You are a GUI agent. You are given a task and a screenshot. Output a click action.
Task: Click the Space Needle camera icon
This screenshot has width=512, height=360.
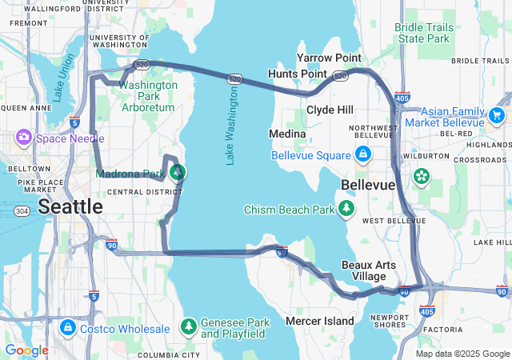(x=23, y=137)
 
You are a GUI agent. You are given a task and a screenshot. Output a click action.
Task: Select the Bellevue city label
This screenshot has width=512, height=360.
(x=368, y=185)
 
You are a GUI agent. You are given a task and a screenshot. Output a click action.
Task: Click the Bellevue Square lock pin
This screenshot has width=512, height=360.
(x=362, y=153)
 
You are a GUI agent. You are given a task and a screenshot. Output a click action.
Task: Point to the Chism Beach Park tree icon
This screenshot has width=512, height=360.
(x=346, y=210)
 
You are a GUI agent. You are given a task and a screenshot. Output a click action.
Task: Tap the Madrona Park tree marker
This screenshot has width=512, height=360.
(x=178, y=172)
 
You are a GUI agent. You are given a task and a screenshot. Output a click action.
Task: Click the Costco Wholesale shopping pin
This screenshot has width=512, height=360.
(x=68, y=328)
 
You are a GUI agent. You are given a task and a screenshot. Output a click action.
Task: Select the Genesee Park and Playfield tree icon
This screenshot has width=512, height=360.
(x=188, y=326)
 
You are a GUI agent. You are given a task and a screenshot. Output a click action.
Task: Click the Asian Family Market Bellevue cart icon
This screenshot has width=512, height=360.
(x=496, y=115)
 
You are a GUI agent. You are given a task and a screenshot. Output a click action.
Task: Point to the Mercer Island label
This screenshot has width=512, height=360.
(x=320, y=321)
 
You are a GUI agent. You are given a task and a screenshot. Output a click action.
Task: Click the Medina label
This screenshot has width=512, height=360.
(x=287, y=133)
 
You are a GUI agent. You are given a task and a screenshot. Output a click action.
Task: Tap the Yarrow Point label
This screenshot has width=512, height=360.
(x=329, y=58)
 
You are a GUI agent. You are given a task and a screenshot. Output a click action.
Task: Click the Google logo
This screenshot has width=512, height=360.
(x=26, y=350)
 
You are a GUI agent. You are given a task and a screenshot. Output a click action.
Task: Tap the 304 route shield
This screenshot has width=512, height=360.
(x=21, y=211)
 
